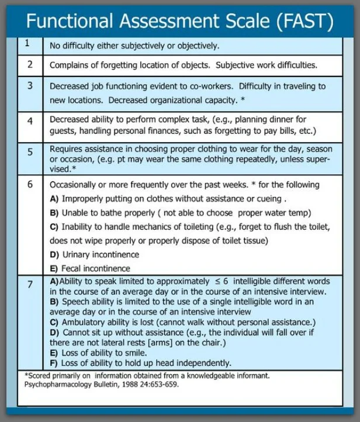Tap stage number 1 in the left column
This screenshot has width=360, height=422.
27,43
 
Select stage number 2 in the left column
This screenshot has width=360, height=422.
30,64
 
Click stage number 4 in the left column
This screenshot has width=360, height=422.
30,121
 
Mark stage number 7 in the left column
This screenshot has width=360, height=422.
30,285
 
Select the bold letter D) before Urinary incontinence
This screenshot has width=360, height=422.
54,255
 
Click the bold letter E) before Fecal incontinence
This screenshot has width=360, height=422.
54,269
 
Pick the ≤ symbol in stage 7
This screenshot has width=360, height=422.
218,281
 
